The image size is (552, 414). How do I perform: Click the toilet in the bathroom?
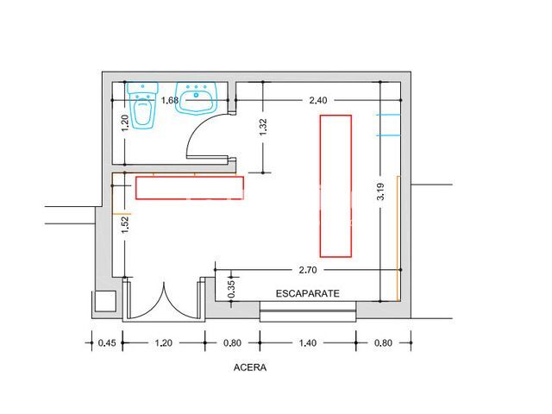click(x=142, y=105)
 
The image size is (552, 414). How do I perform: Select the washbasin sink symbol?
click(x=196, y=98)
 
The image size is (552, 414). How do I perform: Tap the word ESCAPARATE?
click(x=307, y=293)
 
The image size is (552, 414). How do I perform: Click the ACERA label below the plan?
click(x=250, y=367)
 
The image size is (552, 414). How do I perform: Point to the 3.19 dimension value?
click(x=380, y=191)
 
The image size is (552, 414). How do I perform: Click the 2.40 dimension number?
click(x=318, y=100)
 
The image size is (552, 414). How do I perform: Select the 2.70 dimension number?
click(x=308, y=270)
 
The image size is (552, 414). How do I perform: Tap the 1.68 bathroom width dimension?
click(x=170, y=100)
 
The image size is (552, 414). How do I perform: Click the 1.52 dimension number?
click(x=125, y=224)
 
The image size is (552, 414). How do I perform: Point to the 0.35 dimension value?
click(x=231, y=289)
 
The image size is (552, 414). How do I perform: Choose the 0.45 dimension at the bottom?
click(x=107, y=342)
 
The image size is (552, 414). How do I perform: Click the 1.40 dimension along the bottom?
click(x=308, y=342)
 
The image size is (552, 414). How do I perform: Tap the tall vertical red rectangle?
click(x=336, y=186)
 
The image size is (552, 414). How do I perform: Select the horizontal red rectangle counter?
click(x=190, y=188)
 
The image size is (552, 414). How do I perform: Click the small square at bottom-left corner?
click(x=105, y=301)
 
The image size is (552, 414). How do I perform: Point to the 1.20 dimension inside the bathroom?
click(x=125, y=123)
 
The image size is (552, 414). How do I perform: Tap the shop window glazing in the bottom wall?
click(x=308, y=310)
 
